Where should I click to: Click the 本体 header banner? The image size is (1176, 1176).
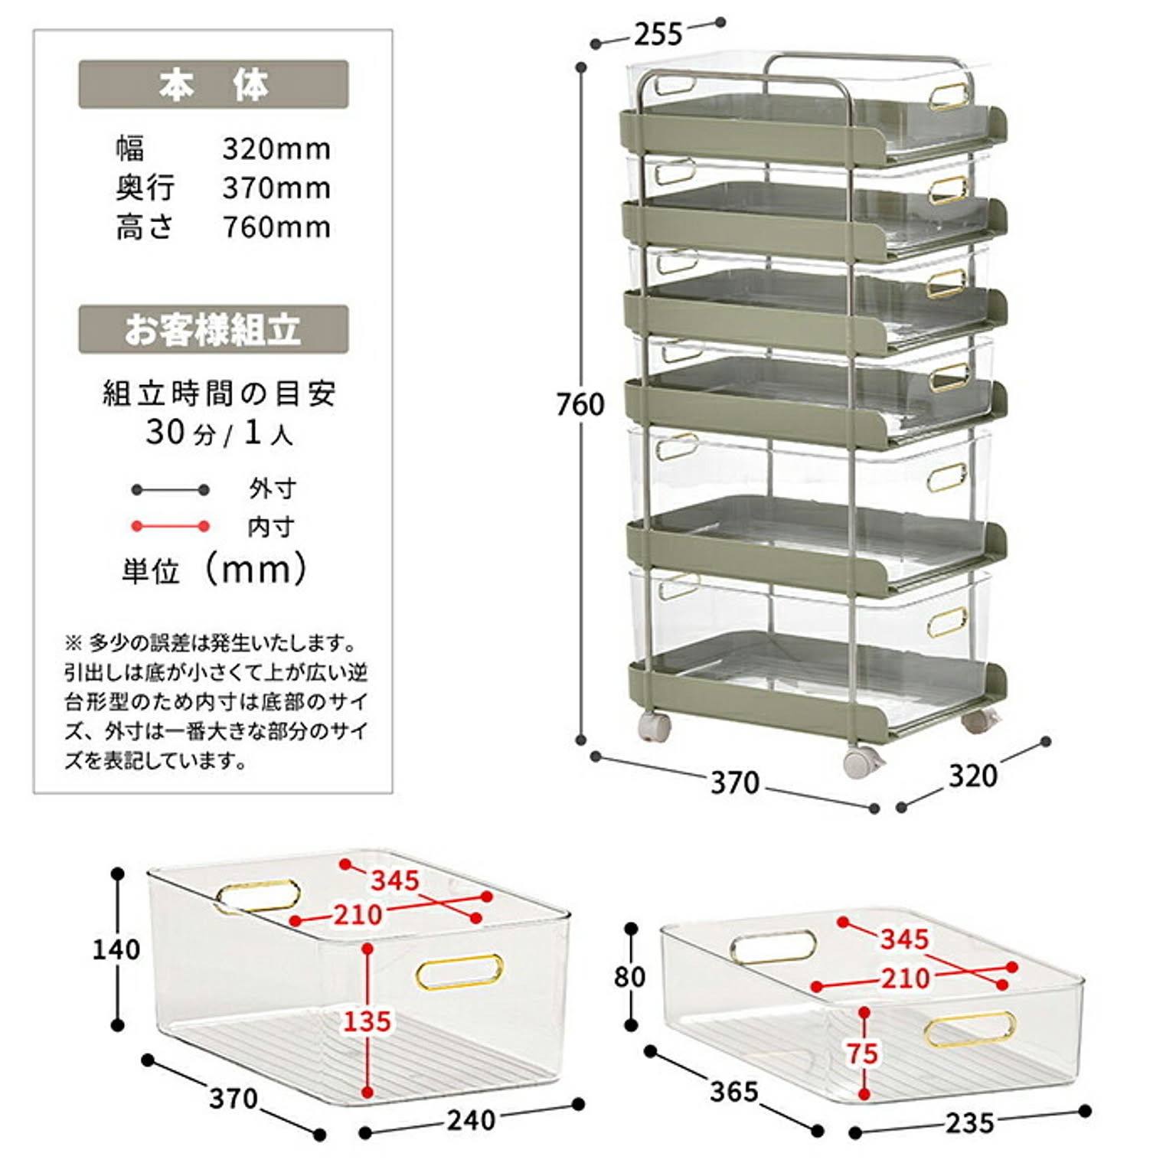(214, 84)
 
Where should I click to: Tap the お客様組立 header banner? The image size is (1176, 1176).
(214, 329)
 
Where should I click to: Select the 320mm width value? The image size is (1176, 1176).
(277, 149)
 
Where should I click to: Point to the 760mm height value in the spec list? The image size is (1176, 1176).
(277, 227)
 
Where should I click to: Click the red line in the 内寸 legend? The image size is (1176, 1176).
(170, 527)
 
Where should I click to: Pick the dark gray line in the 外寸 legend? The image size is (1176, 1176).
(170, 490)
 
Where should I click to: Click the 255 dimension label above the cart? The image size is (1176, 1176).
(658, 34)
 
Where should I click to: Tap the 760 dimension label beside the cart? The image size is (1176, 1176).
(580, 404)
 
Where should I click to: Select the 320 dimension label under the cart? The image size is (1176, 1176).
(973, 776)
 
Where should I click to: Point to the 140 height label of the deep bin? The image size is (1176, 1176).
(116, 949)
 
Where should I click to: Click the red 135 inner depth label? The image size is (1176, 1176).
(367, 1021)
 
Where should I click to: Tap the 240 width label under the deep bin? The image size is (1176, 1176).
(472, 1120)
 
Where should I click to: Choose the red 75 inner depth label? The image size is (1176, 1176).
(862, 1053)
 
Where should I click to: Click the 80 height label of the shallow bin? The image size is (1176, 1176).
(629, 977)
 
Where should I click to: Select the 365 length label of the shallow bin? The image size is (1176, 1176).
(734, 1091)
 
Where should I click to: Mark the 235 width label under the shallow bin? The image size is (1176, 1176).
(970, 1123)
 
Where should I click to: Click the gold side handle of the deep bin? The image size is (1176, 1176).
(459, 972)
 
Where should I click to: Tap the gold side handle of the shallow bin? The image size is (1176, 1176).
(970, 1028)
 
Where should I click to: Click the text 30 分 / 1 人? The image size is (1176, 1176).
(220, 433)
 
